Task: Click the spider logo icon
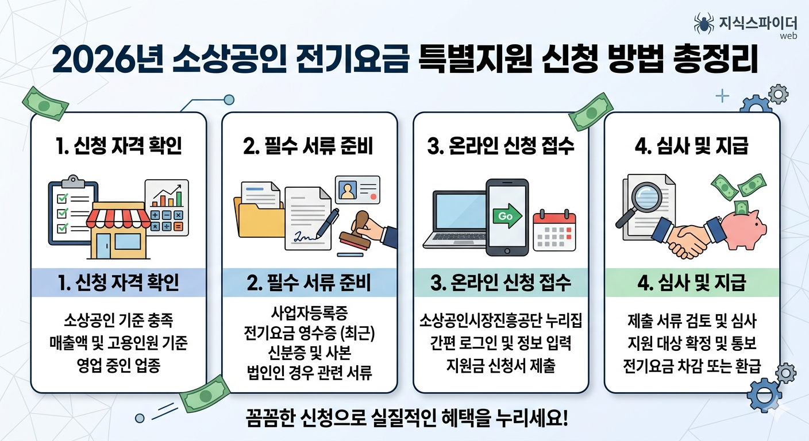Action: [703, 24]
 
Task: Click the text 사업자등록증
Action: [309, 314]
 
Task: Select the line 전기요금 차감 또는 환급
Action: [692, 366]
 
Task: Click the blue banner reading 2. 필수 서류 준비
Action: [309, 283]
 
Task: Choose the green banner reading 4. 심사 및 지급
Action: [692, 283]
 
